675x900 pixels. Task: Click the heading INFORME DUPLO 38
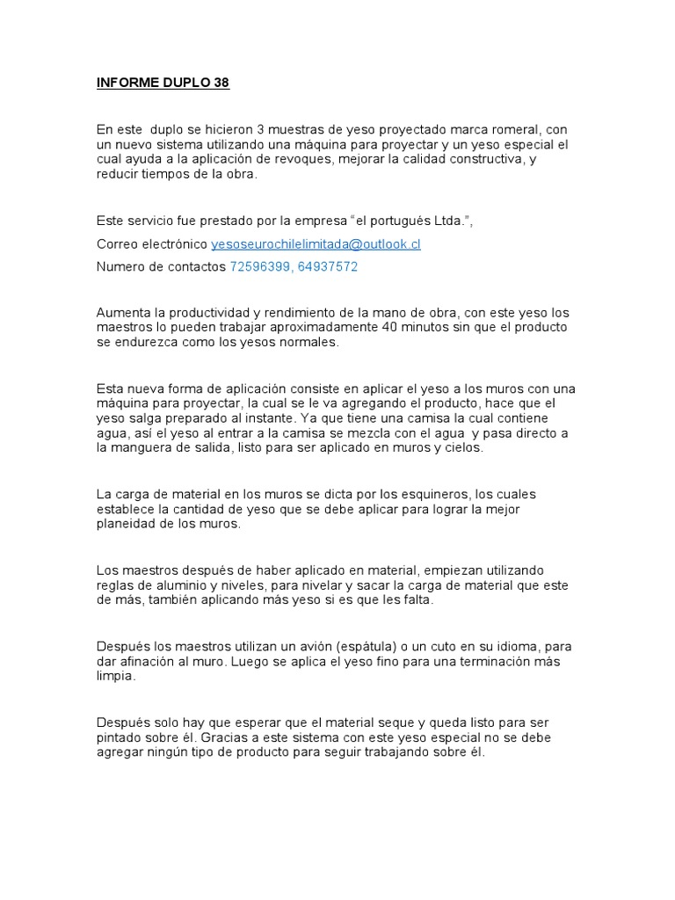point(163,83)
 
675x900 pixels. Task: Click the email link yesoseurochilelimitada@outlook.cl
point(316,244)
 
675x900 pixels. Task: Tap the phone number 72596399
point(259,267)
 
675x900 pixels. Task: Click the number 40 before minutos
point(389,327)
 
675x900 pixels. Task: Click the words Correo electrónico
point(152,244)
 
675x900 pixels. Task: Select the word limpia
point(116,676)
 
